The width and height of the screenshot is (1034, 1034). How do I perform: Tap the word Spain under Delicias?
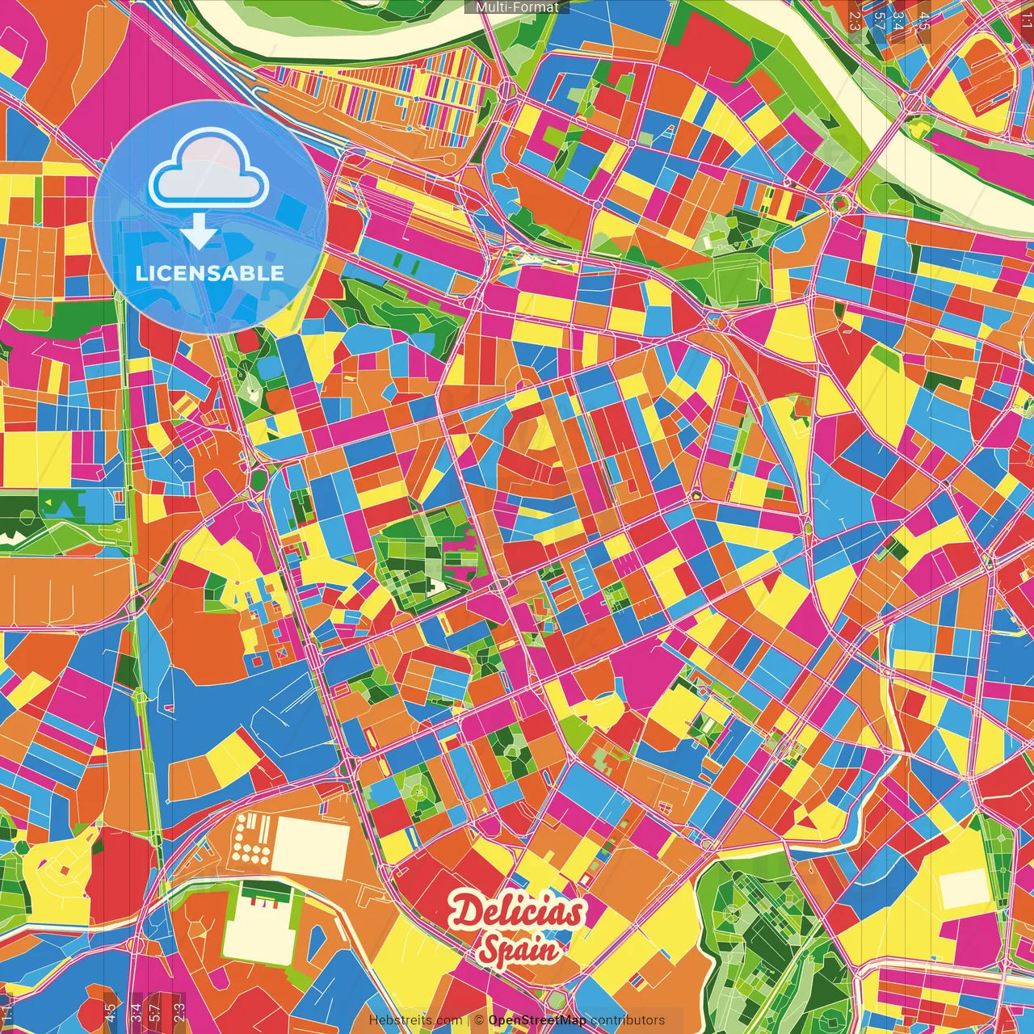pos(519,950)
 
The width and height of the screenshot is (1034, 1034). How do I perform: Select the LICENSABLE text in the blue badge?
pos(209,273)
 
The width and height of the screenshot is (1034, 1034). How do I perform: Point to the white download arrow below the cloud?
pos(199,233)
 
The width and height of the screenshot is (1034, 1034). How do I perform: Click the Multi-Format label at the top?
pos(517,7)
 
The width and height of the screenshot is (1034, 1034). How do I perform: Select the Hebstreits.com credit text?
pos(415,1020)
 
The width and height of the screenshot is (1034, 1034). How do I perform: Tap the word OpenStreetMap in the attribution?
pos(537,1020)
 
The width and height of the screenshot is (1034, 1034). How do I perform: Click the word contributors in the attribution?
pos(628,1020)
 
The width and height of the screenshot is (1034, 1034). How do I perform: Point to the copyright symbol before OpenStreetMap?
pos(479,1020)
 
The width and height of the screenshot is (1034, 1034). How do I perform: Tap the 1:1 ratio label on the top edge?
pos(1026,18)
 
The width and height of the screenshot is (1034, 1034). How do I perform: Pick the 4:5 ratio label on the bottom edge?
pos(110,1011)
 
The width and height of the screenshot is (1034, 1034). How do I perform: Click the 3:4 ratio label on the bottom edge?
pos(136,1011)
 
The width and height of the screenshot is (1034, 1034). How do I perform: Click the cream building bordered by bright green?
pos(257,929)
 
